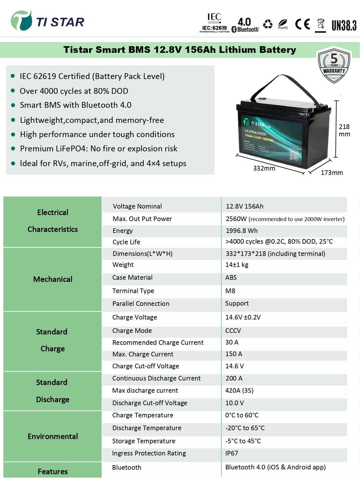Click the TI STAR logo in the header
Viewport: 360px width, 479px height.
pos(47,21)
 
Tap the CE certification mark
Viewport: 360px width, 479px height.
pos(303,24)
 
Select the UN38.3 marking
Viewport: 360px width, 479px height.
pos(344,26)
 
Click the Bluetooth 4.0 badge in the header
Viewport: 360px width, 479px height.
pos(245,25)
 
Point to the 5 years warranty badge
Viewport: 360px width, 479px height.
pos(334,66)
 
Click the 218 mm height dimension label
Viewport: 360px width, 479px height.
pos(344,130)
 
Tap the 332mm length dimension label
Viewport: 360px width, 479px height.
pos(264,168)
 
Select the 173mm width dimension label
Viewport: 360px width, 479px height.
pos(332,173)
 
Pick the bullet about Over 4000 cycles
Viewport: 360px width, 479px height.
pos(74,91)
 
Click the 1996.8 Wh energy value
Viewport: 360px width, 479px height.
pos(242,231)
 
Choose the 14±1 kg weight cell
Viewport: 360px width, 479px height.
pos(237,265)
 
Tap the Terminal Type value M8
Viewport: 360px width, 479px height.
pos(230,291)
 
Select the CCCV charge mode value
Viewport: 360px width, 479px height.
pos(233,331)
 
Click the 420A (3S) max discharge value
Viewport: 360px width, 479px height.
pos(239,391)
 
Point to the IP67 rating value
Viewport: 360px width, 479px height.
pos(232,453)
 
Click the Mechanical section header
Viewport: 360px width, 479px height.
pos(53,279)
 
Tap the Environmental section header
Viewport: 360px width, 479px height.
pos(53,437)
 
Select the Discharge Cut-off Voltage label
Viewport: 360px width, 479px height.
pos(150,403)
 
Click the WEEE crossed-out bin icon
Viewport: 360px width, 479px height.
pos(321,25)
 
